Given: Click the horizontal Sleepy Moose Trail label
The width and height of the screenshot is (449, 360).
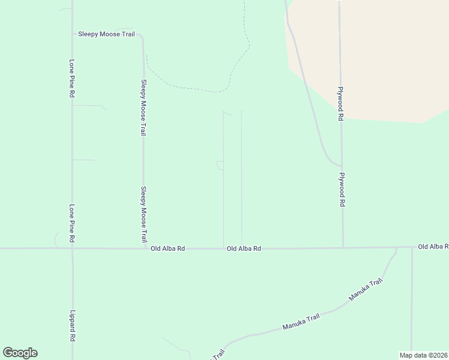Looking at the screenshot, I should (x=106, y=34).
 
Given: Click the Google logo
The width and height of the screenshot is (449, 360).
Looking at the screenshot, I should (x=20, y=353).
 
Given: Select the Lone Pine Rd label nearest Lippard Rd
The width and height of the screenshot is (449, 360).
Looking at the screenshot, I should (x=71, y=223).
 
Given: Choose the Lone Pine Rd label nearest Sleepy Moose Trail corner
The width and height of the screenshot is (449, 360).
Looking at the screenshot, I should (x=71, y=79).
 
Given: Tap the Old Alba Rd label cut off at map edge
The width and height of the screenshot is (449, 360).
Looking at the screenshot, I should (x=432, y=247).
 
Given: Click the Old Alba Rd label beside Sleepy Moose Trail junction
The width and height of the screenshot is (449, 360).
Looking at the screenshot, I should (x=167, y=248).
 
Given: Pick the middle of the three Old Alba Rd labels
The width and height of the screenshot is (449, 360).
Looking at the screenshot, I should (x=244, y=248).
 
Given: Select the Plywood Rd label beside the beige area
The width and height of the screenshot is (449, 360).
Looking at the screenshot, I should (x=340, y=103).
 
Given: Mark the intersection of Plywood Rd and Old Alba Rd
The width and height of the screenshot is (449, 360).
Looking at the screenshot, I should (x=343, y=247).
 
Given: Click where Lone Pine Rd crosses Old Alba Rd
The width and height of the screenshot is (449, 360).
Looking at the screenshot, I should (x=72, y=248).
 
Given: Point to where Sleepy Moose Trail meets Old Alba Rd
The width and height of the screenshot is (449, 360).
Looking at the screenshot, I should (x=144, y=248).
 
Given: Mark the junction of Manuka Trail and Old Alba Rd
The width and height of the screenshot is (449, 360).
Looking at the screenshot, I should (x=396, y=247).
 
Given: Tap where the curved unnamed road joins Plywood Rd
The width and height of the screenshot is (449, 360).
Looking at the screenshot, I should (x=341, y=166).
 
